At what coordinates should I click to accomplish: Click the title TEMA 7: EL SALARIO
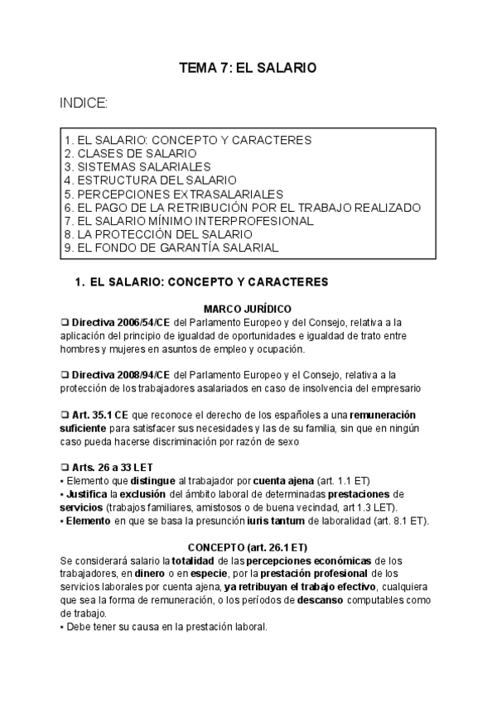248,69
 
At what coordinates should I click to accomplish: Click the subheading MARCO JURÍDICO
248,308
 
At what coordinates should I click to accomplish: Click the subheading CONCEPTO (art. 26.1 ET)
248,547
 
